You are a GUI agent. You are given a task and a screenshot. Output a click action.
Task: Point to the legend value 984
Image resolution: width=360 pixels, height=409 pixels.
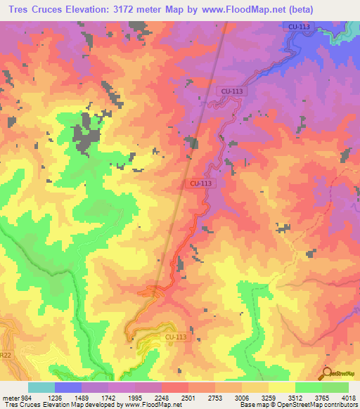click(22, 397)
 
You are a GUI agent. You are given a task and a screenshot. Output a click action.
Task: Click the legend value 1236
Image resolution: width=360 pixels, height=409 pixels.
click(55, 397)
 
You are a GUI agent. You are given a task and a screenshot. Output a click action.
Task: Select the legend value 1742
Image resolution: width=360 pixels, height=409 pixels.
click(108, 397)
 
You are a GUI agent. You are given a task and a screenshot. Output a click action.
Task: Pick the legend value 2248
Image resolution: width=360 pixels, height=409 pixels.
click(162, 397)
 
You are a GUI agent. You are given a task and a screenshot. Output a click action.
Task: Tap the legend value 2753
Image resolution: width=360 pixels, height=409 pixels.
click(215, 397)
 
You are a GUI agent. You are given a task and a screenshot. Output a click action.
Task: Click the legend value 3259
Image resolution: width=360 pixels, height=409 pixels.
click(269, 397)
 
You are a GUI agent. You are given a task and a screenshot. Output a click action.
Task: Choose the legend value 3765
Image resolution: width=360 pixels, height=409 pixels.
click(322, 397)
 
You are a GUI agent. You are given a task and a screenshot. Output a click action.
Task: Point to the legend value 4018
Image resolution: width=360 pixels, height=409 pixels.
click(348, 397)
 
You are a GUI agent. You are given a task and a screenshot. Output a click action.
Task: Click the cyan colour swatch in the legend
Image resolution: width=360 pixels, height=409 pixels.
click(41, 387)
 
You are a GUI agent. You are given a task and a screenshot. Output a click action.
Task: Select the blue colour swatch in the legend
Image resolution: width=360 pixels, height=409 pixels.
click(68, 387)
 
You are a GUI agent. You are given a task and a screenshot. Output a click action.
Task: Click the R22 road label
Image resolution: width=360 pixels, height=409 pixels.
click(4, 356)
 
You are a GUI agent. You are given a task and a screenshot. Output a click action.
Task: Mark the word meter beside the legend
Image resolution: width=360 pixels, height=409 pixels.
click(8, 397)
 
